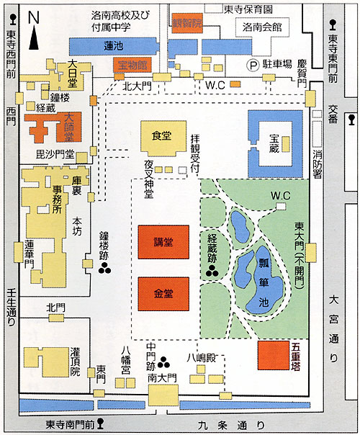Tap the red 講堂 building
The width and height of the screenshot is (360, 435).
163,242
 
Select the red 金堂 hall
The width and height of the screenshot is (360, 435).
163,294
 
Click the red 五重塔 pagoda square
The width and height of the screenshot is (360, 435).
273,355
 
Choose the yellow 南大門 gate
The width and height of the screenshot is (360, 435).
163,395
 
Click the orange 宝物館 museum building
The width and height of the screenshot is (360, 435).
132,66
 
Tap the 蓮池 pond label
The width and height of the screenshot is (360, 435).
114,46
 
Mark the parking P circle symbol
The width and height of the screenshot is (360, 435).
253,66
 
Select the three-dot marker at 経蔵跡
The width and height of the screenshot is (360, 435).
212,271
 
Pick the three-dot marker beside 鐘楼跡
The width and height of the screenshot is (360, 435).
105,268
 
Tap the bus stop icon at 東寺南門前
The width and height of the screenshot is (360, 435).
100,423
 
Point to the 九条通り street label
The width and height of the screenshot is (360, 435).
230,425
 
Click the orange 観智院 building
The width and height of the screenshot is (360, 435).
187,23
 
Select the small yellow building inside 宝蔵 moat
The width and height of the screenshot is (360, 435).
286,144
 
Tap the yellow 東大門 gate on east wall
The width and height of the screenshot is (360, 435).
310,253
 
